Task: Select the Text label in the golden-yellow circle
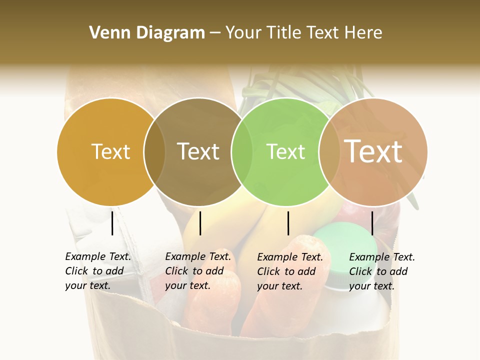[x=110, y=151]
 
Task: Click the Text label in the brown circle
[x=198, y=151]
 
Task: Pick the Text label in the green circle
[x=285, y=151]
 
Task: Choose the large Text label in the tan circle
[x=373, y=151]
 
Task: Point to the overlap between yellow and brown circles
[x=154, y=152]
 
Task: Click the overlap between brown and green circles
[x=241, y=152]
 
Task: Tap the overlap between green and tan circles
[x=329, y=152]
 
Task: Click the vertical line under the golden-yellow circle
[x=112, y=223]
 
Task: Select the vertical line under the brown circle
[x=200, y=223]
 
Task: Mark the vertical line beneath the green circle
[x=288, y=223]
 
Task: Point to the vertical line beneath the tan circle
[x=372, y=223]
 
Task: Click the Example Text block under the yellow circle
[x=97, y=271]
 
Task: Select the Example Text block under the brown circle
[x=197, y=271]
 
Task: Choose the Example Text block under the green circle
[x=289, y=271]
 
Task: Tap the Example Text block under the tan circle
[x=381, y=271]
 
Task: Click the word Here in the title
[x=365, y=33]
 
